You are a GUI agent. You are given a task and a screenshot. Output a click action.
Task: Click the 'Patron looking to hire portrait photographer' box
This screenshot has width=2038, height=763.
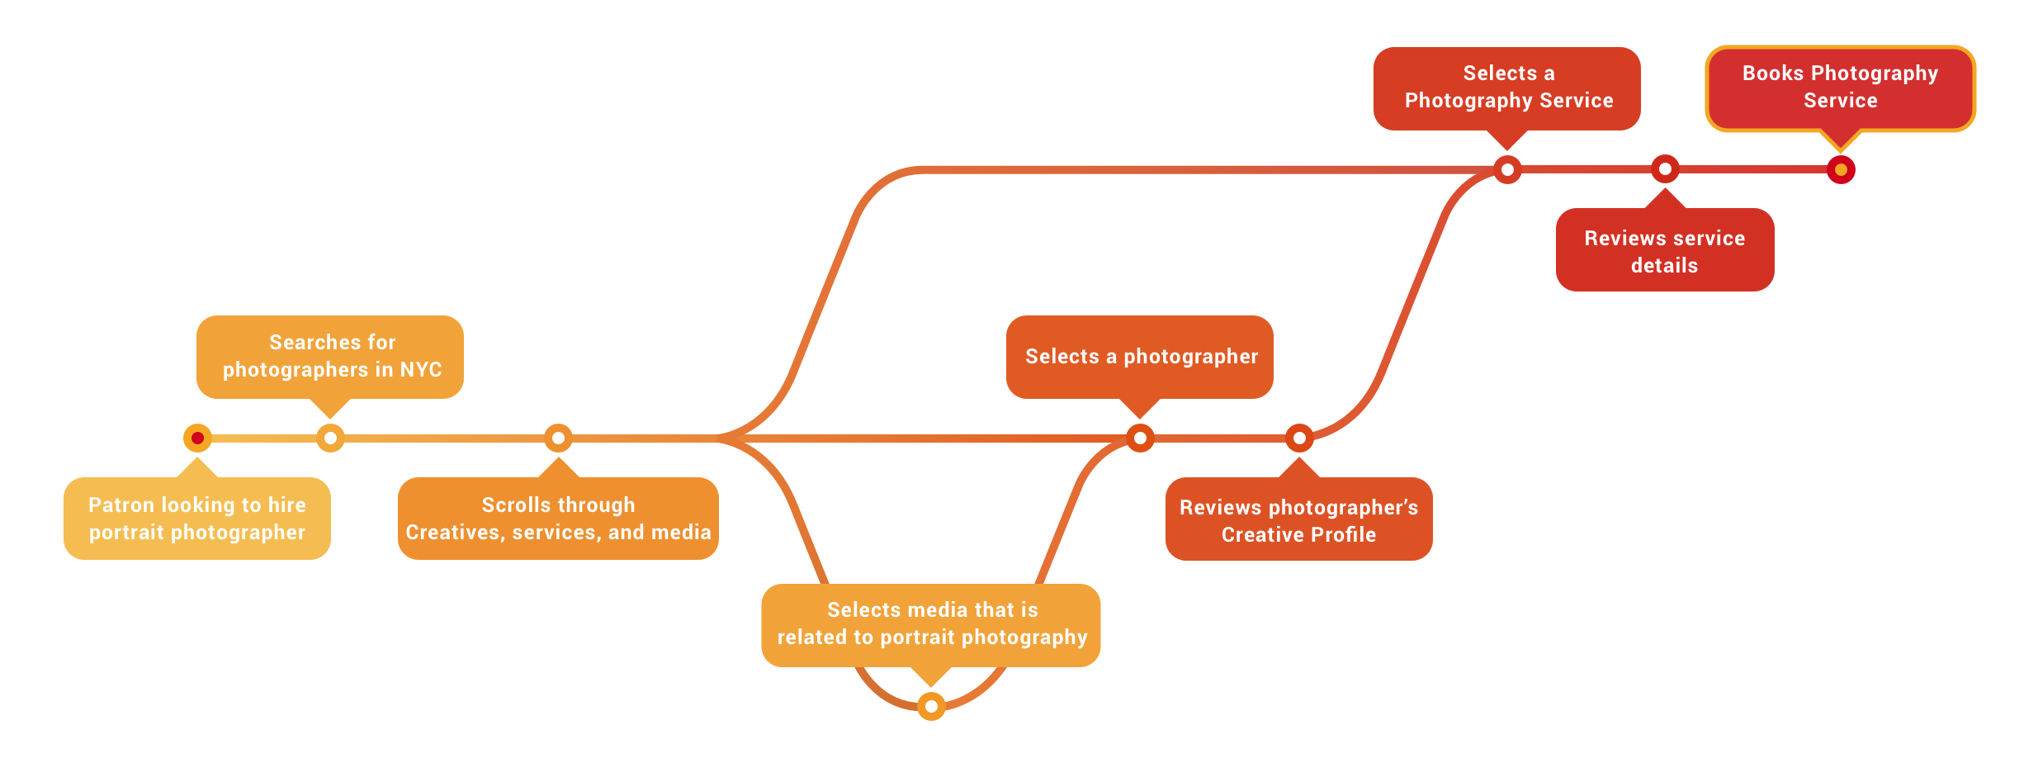tap(197, 519)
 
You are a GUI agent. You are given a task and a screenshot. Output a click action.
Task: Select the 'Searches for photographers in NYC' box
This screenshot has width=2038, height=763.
tap(330, 356)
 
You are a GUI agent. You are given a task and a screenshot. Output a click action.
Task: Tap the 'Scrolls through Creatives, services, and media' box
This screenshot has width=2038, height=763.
tap(558, 519)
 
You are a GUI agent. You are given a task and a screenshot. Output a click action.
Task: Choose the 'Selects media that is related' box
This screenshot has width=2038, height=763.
tap(931, 624)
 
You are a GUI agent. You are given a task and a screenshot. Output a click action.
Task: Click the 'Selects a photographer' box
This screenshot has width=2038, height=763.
tap(1140, 356)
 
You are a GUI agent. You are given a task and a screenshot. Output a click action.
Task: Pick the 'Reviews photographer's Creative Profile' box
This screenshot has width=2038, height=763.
tap(1298, 519)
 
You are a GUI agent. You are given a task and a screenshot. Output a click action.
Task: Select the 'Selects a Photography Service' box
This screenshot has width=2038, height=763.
tap(1507, 88)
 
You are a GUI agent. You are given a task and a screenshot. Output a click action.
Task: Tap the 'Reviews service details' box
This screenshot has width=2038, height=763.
tap(1665, 250)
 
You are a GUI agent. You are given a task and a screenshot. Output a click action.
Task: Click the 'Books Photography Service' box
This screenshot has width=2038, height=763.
tap(1841, 88)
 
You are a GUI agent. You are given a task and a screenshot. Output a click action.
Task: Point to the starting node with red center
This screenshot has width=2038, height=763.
tap(197, 438)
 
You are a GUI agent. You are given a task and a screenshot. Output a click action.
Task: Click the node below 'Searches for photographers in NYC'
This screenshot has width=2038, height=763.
tap(330, 438)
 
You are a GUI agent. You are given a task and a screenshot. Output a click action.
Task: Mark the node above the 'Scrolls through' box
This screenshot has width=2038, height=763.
tap(558, 438)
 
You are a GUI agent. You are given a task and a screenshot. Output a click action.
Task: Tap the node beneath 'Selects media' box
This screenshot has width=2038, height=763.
tap(931, 706)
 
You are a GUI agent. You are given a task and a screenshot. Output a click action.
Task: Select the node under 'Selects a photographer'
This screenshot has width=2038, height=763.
tap(1140, 438)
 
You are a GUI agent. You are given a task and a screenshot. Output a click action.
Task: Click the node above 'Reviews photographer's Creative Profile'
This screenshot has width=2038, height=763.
tap(1299, 438)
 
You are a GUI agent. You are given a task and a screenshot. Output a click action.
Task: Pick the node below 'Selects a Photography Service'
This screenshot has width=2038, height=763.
tap(1507, 169)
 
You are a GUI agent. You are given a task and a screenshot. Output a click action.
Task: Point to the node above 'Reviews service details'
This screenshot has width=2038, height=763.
tap(1665, 169)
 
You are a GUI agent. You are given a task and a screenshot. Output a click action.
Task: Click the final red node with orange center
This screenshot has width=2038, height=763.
tap(1841, 169)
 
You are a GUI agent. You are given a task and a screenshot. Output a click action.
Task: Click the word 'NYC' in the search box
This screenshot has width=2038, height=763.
tap(421, 369)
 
